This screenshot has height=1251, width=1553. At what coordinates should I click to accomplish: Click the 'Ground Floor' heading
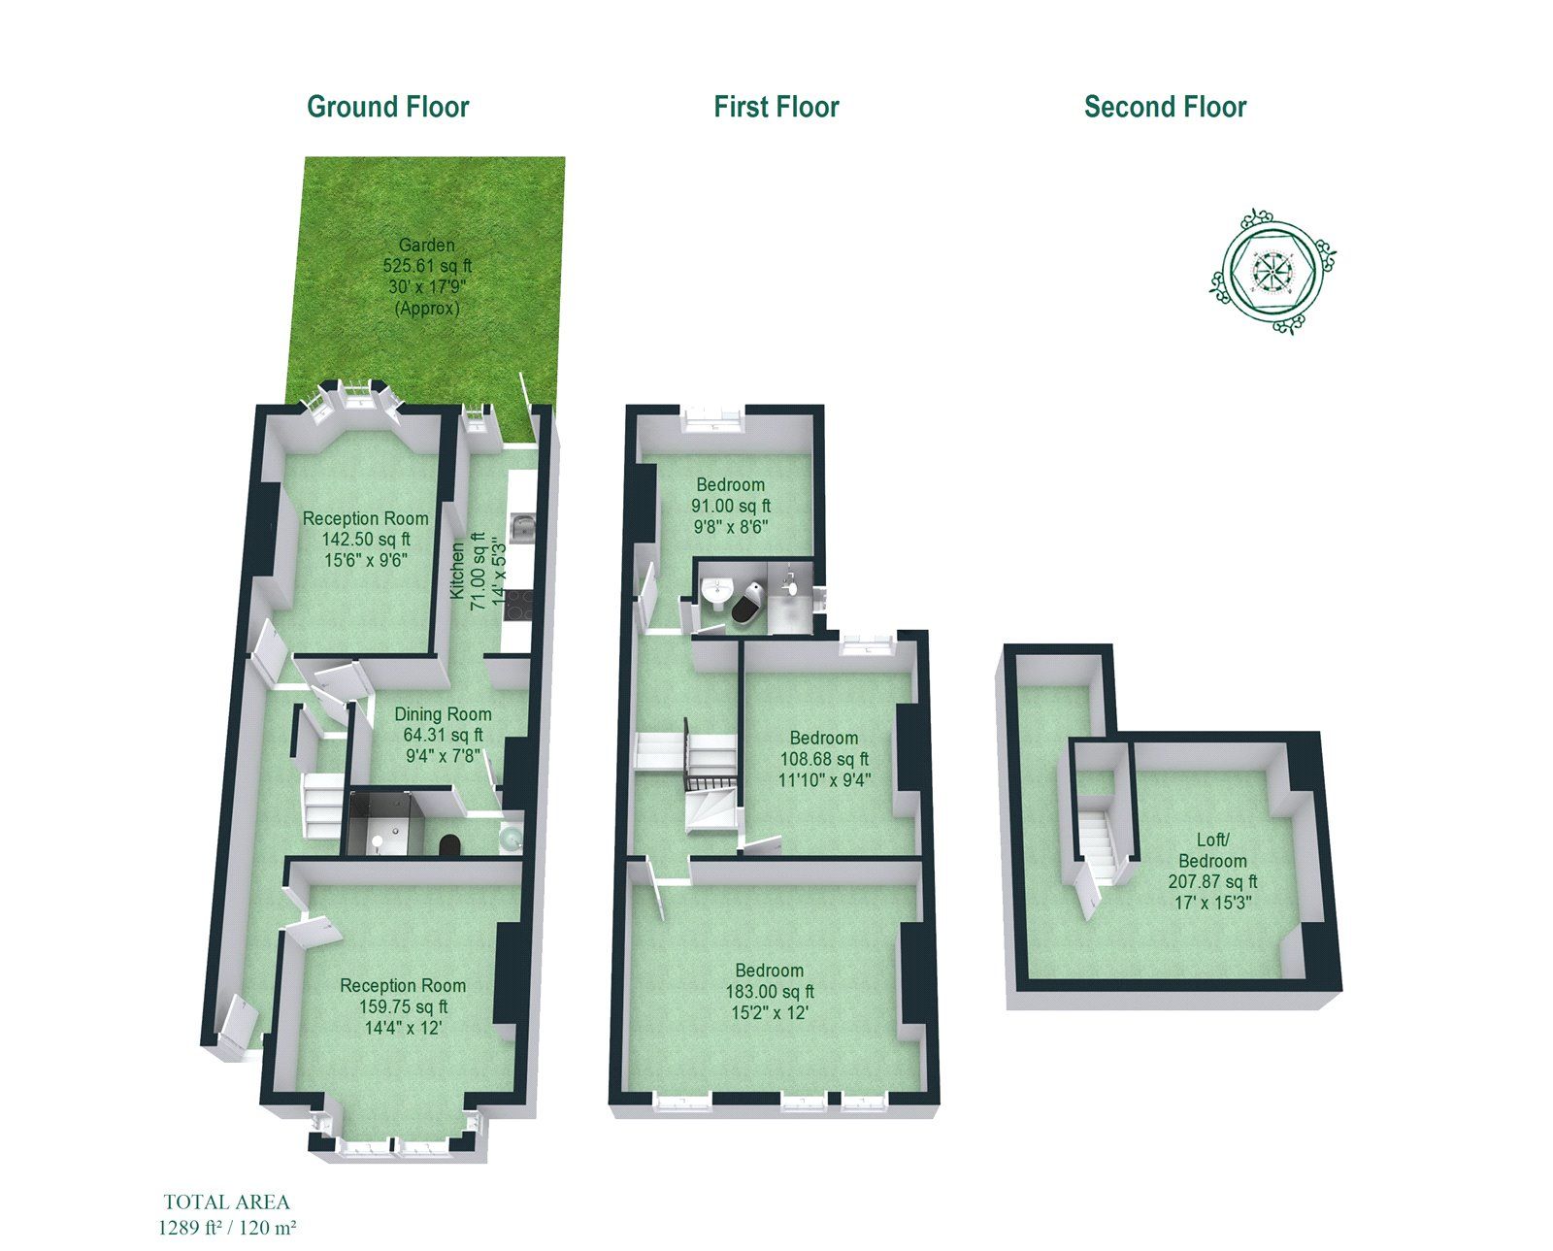(x=387, y=107)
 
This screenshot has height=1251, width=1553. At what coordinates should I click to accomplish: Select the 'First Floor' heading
(x=776, y=107)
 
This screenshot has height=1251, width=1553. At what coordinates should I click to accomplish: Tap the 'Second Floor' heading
(x=1165, y=107)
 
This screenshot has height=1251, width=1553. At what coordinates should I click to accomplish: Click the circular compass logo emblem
(x=1272, y=271)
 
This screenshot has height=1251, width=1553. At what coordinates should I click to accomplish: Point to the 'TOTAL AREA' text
(x=226, y=1202)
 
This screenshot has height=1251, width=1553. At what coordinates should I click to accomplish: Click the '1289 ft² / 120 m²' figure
(x=226, y=1228)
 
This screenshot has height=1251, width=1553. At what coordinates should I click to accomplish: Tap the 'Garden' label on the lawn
(x=426, y=246)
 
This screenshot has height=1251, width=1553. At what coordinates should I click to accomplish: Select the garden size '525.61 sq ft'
(x=427, y=266)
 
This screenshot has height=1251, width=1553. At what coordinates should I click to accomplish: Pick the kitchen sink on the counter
(x=523, y=527)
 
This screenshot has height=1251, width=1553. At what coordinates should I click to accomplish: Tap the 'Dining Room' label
(x=443, y=714)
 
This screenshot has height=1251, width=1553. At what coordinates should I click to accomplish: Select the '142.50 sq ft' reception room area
(x=366, y=539)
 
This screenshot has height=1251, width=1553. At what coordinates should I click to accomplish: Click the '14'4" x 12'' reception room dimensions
(x=403, y=1027)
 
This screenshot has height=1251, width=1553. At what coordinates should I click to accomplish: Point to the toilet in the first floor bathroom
(x=748, y=603)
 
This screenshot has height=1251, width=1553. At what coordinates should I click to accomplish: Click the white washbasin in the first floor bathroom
(x=717, y=591)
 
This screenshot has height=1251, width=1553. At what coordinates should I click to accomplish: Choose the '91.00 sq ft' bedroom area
(x=730, y=506)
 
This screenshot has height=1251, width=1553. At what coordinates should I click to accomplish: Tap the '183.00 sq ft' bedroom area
(x=770, y=992)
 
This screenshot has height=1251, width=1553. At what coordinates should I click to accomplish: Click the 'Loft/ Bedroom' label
(x=1212, y=850)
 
